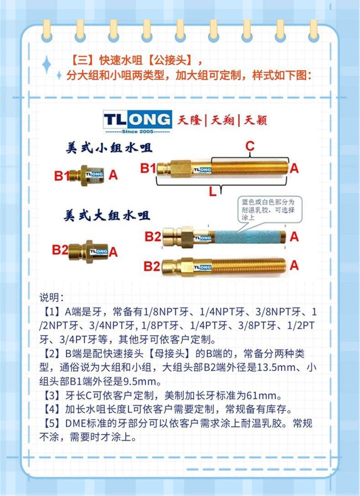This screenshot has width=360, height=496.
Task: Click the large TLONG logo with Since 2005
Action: [x=138, y=121]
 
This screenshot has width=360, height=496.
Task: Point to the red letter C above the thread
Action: [x=250, y=147]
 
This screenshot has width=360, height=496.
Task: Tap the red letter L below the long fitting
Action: [x=213, y=191]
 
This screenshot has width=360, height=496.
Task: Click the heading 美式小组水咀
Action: [x=109, y=148]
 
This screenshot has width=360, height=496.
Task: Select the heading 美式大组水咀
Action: [x=107, y=216]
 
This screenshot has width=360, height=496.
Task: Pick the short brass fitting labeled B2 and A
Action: [x=88, y=251]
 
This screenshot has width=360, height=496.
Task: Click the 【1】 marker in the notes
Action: [x=50, y=312]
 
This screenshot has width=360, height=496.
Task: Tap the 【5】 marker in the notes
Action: [x=50, y=423]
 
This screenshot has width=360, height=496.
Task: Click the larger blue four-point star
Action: [x=46, y=64]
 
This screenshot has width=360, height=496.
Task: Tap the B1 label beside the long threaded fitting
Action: [x=148, y=168]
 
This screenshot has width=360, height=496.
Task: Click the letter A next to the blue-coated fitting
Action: [x=294, y=236]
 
